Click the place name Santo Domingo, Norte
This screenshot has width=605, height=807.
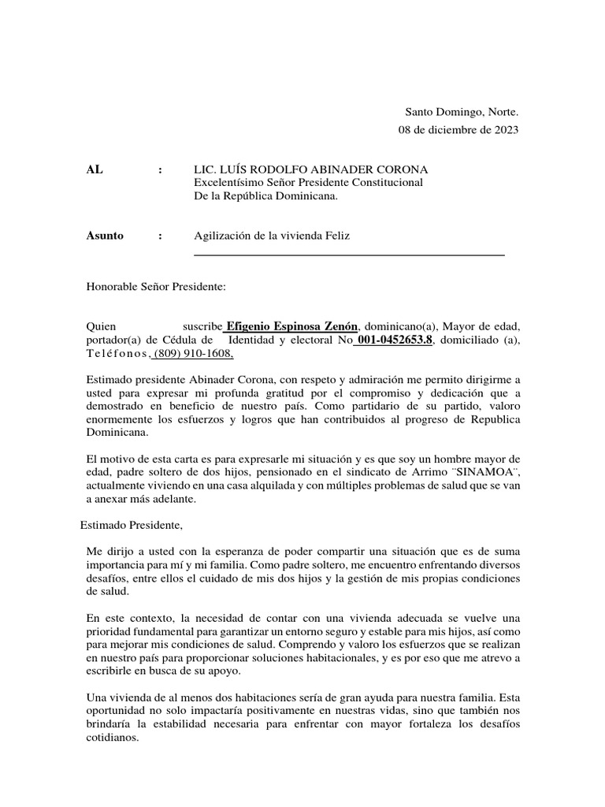pyautogui.click(x=462, y=113)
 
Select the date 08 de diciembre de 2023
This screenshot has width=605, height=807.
pyautogui.click(x=458, y=131)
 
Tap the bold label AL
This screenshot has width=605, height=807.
pyautogui.click(x=95, y=170)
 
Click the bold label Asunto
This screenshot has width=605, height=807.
pyautogui.click(x=105, y=236)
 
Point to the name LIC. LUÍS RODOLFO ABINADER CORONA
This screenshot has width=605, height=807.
pyautogui.click(x=311, y=170)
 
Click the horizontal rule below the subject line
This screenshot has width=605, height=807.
pyautogui.click(x=349, y=255)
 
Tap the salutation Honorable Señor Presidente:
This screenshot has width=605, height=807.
pyautogui.click(x=156, y=288)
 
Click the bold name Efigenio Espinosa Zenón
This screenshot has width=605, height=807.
pyautogui.click(x=292, y=327)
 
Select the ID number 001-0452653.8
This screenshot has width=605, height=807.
pyautogui.click(x=394, y=340)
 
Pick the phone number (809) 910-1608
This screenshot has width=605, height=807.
pyautogui.click(x=193, y=353)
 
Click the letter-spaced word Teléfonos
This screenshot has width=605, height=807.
pyautogui.click(x=117, y=353)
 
